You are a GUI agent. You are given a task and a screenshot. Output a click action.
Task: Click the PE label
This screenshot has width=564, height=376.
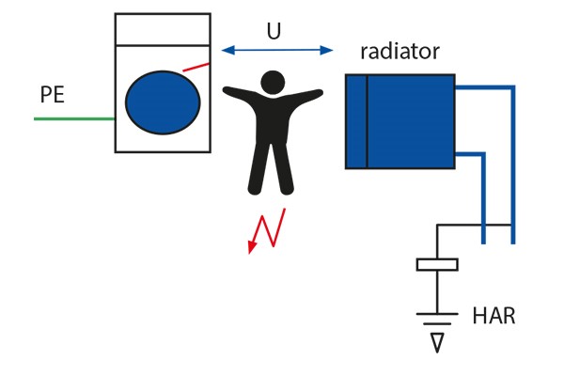click(53, 95)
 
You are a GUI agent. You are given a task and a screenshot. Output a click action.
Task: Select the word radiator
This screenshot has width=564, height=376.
click(399, 51)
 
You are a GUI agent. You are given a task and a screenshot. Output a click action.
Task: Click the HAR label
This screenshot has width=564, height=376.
click(493, 316)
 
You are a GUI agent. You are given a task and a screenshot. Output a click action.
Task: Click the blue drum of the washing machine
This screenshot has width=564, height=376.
click(163, 103)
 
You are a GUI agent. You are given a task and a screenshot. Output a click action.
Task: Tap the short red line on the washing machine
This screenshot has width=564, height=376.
click(196, 66)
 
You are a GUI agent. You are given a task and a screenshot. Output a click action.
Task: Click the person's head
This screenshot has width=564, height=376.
click(273, 83)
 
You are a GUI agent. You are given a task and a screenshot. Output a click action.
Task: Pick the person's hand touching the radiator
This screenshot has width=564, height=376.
click(319, 91)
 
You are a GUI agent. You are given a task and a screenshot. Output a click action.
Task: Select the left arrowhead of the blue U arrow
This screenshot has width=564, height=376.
click(227, 50)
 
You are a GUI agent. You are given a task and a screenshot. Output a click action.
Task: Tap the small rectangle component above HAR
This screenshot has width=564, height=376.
click(436, 264)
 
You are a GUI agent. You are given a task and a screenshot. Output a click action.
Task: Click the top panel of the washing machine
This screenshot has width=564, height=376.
click(162, 29)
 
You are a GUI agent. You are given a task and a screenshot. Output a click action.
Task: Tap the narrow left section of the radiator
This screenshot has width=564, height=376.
click(355, 121)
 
